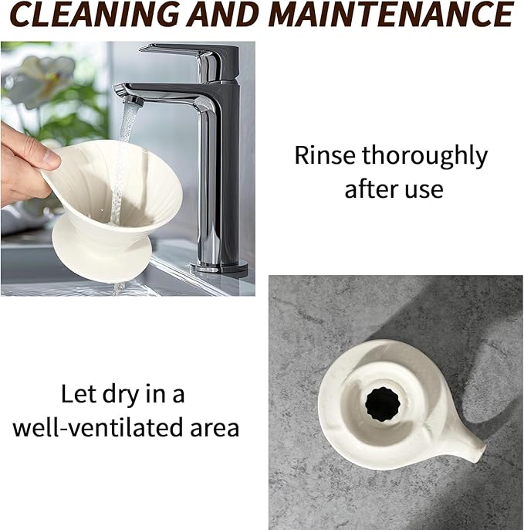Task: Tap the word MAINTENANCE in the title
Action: (392, 14)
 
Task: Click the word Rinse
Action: (325, 155)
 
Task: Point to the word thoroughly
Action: (424, 156)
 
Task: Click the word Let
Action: (79, 393)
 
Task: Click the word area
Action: (215, 430)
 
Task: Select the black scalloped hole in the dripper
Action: (383, 405)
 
